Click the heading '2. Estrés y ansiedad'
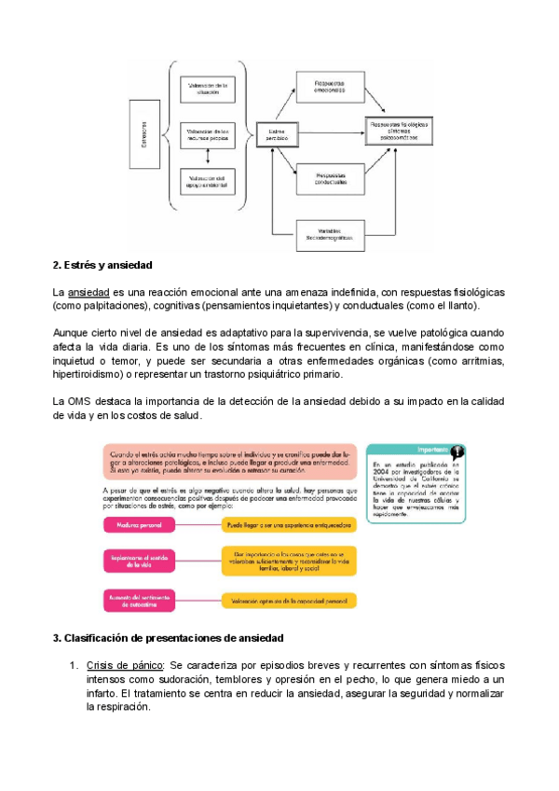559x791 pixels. [102, 267]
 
